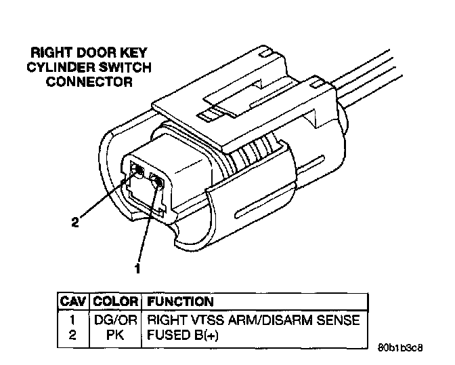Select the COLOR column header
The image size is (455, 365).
click(115, 301)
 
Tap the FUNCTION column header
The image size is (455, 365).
click(180, 301)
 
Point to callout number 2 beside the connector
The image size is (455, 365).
click(76, 221)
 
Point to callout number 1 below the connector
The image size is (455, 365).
click(138, 269)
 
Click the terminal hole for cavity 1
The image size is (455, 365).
click(157, 181)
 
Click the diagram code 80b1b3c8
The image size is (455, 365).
click(405, 348)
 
